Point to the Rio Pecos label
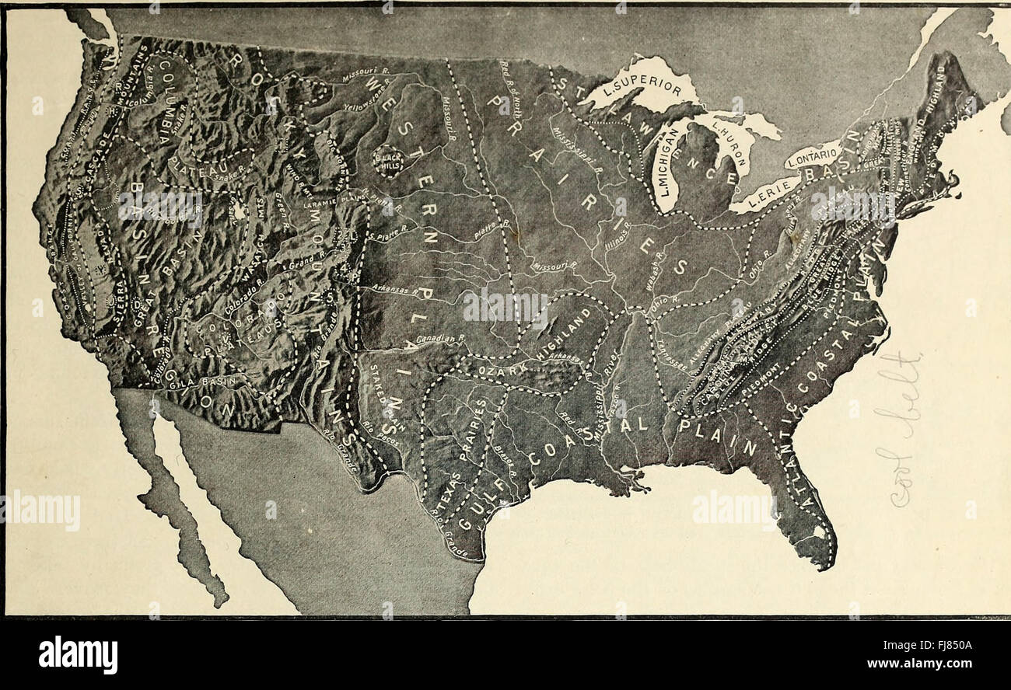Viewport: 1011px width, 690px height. [x=375, y=437]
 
